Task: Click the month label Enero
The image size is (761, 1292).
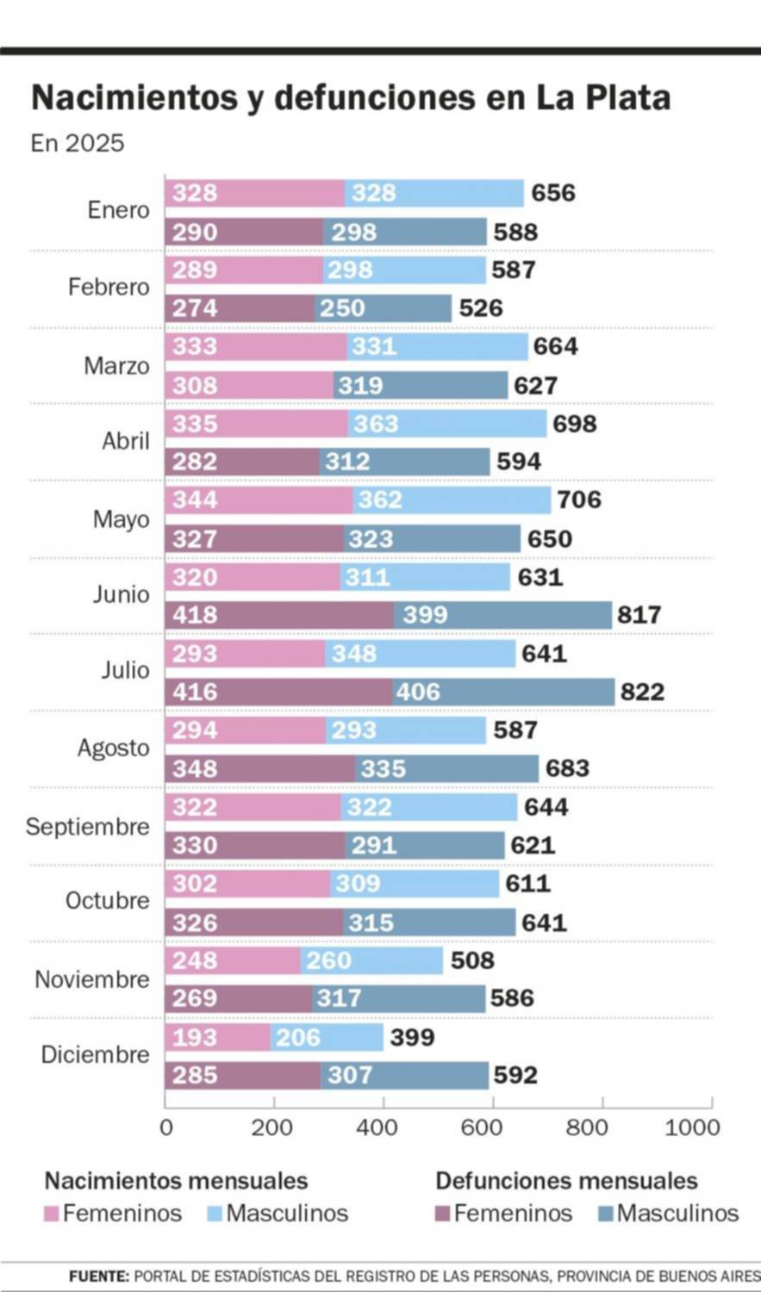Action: pyautogui.click(x=118, y=210)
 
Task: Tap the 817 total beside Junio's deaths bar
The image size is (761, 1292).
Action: pyautogui.click(x=639, y=615)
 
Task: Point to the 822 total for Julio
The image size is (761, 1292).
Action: pyautogui.click(x=642, y=692)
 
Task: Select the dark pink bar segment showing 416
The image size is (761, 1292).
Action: pyautogui.click(x=278, y=692)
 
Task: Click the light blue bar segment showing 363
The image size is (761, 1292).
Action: pyautogui.click(x=446, y=424)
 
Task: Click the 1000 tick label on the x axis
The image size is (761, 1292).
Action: pyautogui.click(x=692, y=1127)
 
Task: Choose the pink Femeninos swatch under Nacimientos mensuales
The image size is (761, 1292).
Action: pyautogui.click(x=52, y=1214)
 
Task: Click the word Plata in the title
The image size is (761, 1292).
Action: pyautogui.click(x=627, y=98)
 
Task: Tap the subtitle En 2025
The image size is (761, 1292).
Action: pyautogui.click(x=78, y=143)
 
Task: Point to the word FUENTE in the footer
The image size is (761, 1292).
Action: pyautogui.click(x=99, y=1276)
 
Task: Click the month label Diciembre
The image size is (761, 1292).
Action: pyautogui.click(x=95, y=1054)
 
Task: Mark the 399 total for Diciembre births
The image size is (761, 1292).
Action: pyautogui.click(x=412, y=1038)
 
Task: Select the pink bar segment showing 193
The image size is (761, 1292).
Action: pyautogui.click(x=217, y=1037)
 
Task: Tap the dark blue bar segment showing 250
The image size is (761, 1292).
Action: pyautogui.click(x=383, y=308)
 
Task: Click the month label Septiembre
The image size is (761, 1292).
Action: pyautogui.click(x=87, y=827)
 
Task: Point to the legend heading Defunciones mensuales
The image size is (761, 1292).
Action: pyautogui.click(x=566, y=1180)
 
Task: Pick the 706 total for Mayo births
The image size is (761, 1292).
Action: pyautogui.click(x=579, y=500)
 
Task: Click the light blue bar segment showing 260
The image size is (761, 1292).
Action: pyautogui.click(x=371, y=960)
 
